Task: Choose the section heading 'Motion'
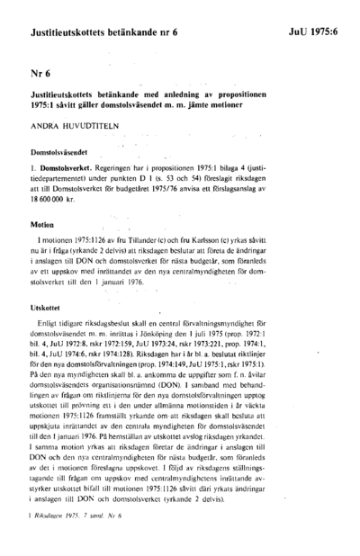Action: pos(42,224)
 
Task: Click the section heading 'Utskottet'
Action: pos(47,308)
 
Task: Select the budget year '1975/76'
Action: pos(202,196)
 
